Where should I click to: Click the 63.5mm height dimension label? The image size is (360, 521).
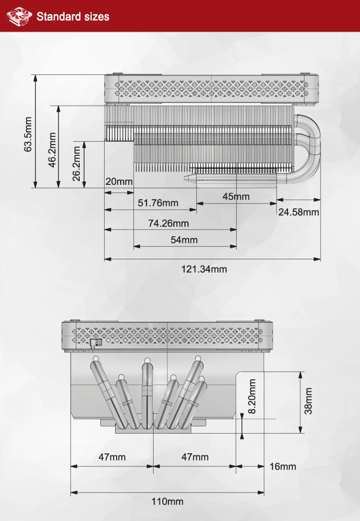tap(27, 134)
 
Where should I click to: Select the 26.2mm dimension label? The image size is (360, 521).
tap(76, 163)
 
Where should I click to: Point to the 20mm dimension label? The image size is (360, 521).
tap(119, 181)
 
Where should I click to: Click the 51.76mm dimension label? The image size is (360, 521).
tap(158, 203)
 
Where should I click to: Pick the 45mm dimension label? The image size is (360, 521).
tap(236, 196)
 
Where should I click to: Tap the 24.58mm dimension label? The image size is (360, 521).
tap(298, 212)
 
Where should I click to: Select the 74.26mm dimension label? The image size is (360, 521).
tap(168, 223)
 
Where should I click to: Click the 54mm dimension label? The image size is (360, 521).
tap(184, 240)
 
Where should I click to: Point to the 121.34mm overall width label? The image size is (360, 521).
tap(204, 269)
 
